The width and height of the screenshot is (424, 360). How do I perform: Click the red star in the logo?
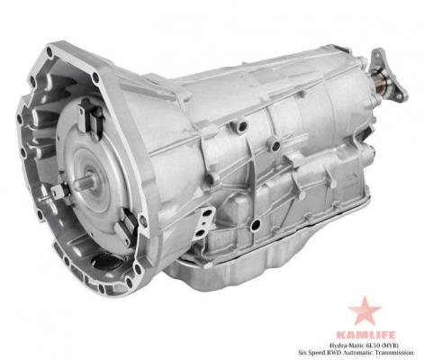click(x=365, y=311)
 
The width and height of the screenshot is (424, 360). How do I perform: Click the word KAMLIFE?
click(x=365, y=335)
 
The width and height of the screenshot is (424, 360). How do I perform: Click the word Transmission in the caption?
click(x=400, y=352)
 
